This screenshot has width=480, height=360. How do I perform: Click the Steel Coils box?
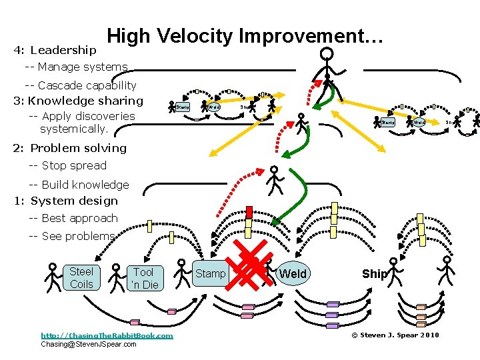pyautogui.click(x=81, y=277)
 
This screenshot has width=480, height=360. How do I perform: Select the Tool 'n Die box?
pyautogui.click(x=144, y=278)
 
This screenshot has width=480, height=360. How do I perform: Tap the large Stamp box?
pyautogui.click(x=210, y=273)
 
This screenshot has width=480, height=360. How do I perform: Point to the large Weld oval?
pyautogui.click(x=293, y=273)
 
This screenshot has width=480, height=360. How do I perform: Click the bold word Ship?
pyautogui.click(x=374, y=274)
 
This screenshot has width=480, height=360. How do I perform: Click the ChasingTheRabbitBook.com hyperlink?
pyautogui.click(x=107, y=335)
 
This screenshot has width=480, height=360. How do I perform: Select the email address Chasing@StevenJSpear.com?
pyautogui.click(x=89, y=344)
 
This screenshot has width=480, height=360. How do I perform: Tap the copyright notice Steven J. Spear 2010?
pyautogui.click(x=395, y=335)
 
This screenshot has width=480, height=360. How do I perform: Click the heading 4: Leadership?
pyautogui.click(x=55, y=50)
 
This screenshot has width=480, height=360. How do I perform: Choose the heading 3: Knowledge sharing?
pyautogui.click(x=78, y=101)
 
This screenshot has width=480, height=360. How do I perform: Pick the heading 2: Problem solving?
pyautogui.click(x=69, y=148)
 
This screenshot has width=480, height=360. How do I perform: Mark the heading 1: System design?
pyautogui.click(x=65, y=201)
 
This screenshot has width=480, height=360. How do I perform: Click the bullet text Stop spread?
pyautogui.click(x=68, y=165)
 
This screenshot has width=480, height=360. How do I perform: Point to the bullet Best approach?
pyautogui.click(x=73, y=218)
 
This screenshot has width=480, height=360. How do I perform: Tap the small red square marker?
pyautogui.click(x=249, y=212)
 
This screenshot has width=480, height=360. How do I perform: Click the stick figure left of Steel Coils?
pyautogui.click(x=53, y=277)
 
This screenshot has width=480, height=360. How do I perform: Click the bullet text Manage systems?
pyautogui.click(x=76, y=67)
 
